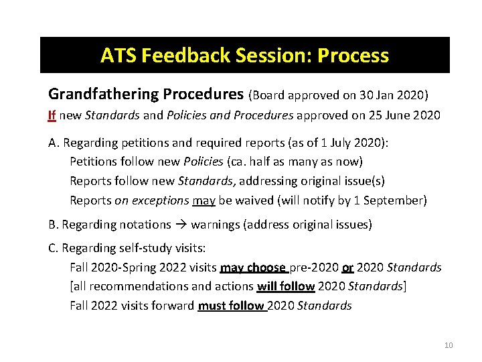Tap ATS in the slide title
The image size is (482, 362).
coord(117,55)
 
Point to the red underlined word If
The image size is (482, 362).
coord(52,115)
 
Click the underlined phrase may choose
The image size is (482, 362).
coord(254,267)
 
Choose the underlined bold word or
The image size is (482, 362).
coord(347,267)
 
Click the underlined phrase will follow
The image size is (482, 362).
coord(286,286)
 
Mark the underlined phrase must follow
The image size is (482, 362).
coord(232,306)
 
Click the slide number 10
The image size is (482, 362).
coord(449,345)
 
